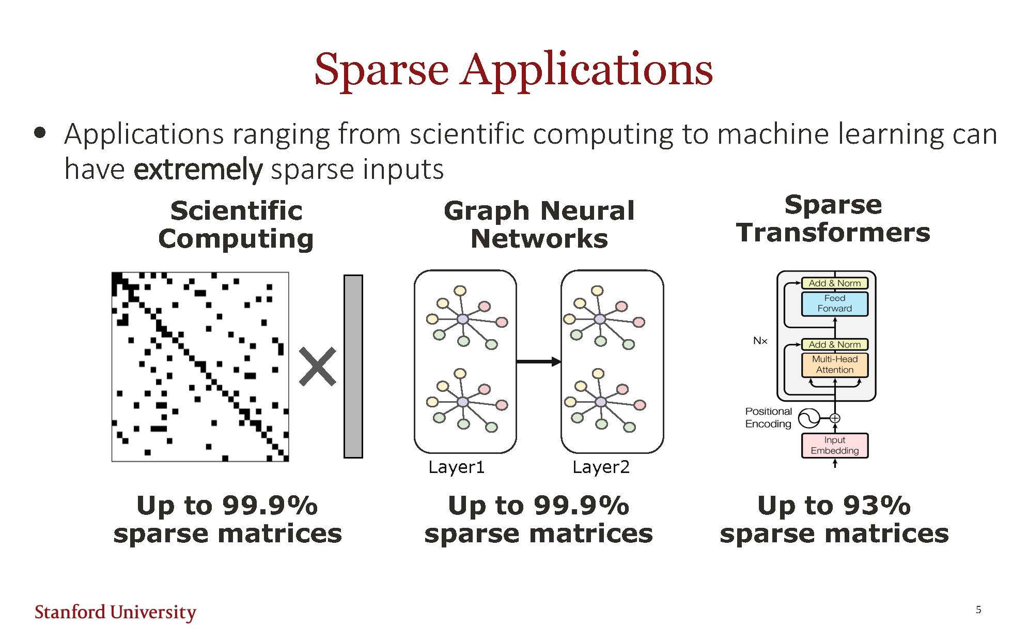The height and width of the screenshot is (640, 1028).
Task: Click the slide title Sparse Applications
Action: point(513,69)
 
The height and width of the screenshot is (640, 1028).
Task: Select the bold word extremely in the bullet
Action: point(198,170)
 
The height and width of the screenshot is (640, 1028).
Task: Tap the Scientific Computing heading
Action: point(236,225)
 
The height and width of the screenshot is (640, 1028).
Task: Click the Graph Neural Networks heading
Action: point(539,225)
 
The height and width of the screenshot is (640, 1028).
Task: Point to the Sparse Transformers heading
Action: point(833,219)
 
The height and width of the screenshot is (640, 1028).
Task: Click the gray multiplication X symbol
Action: point(318,367)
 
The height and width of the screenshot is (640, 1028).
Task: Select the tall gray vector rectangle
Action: point(353,367)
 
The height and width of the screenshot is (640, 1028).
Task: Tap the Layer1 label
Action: point(457,467)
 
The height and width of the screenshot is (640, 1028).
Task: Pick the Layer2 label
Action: point(601,467)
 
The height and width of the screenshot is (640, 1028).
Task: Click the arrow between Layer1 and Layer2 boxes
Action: point(539,361)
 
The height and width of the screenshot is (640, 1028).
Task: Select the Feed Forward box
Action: point(835,303)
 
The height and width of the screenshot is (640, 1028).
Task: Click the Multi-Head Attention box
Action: point(835,364)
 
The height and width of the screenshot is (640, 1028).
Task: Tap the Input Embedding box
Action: point(835,445)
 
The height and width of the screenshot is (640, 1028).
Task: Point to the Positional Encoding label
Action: point(768,418)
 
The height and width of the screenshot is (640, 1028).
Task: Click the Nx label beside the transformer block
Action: point(760,341)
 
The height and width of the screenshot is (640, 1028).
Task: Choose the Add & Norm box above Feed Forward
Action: point(835,283)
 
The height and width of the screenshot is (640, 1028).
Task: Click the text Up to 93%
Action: point(834,505)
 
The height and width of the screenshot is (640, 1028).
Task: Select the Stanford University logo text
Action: point(115,612)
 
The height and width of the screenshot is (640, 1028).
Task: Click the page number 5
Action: point(978,610)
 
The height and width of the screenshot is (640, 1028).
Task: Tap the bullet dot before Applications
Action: point(40,133)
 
